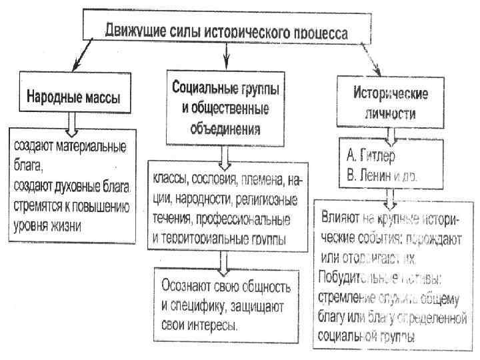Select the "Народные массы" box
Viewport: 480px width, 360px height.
[x=73, y=97]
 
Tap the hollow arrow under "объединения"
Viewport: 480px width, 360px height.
[x=225, y=153]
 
